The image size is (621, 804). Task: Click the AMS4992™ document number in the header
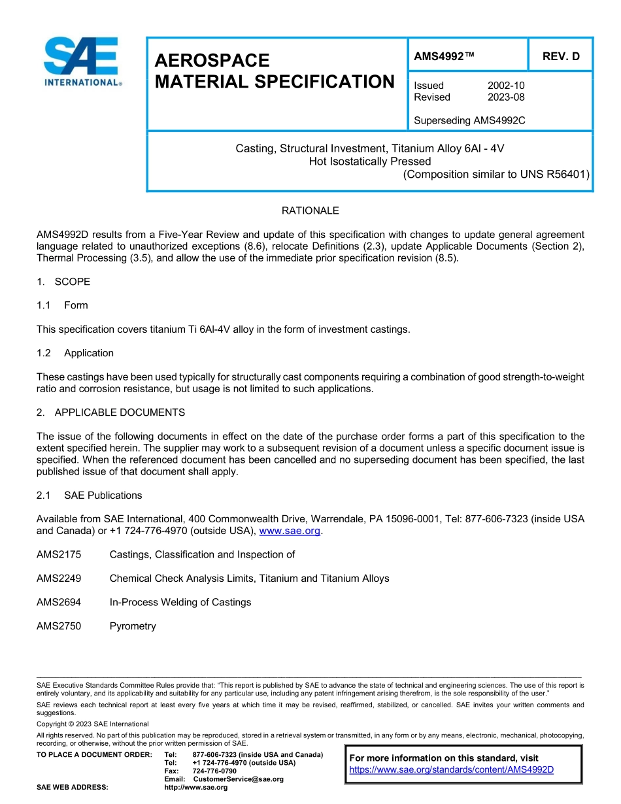pos(444,57)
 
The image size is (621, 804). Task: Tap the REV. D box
pos(561,57)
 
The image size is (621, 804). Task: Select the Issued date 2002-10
pos(505,86)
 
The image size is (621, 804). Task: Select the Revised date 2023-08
pos(505,97)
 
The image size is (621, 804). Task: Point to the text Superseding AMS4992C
pos(469,121)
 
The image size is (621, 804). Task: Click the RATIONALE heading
pos(310,210)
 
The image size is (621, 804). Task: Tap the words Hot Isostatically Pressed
pos(369,161)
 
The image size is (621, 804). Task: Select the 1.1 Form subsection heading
pos(62,305)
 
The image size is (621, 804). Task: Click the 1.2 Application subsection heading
pos(75,353)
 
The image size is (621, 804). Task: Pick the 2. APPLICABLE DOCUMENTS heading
pos(110,412)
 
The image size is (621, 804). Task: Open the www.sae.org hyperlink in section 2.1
pos(290,531)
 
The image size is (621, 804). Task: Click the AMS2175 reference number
pos(59,555)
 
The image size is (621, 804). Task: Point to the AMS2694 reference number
pos(59,603)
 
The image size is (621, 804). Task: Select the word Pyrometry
pos(133,626)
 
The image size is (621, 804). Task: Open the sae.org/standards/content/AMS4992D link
pos(451,769)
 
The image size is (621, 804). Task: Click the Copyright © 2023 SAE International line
pos(92,724)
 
